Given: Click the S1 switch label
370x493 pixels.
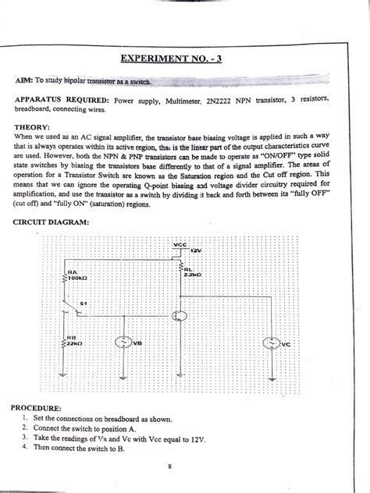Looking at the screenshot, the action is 84,301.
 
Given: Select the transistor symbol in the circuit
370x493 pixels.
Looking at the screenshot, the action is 180,315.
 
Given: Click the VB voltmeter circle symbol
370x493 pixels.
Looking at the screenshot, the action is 123,342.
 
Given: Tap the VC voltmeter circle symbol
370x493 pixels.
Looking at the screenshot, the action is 270,342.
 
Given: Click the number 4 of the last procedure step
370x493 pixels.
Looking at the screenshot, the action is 26,448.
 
